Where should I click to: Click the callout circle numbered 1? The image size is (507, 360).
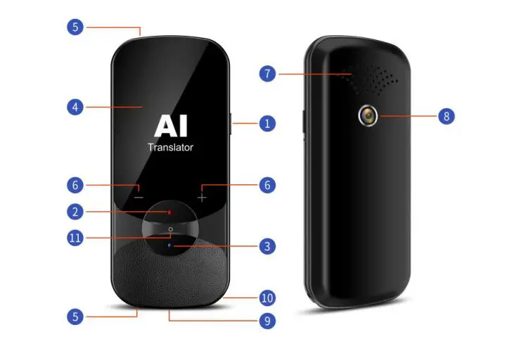(266, 123)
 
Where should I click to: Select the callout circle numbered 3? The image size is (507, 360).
(266, 246)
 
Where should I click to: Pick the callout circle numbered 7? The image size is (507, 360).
(266, 72)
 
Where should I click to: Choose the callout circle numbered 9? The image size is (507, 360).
(266, 321)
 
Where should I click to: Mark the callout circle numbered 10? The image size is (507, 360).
(266, 297)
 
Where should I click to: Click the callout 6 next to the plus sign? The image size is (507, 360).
(266, 185)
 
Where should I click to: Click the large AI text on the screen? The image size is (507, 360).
(170, 127)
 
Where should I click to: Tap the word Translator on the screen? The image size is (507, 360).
(170, 148)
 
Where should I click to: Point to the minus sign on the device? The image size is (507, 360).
(139, 197)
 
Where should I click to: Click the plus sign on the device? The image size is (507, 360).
(203, 197)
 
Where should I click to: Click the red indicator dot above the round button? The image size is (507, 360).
(170, 211)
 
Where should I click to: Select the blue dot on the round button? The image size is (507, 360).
(170, 245)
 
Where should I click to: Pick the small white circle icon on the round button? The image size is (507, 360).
(170, 230)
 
